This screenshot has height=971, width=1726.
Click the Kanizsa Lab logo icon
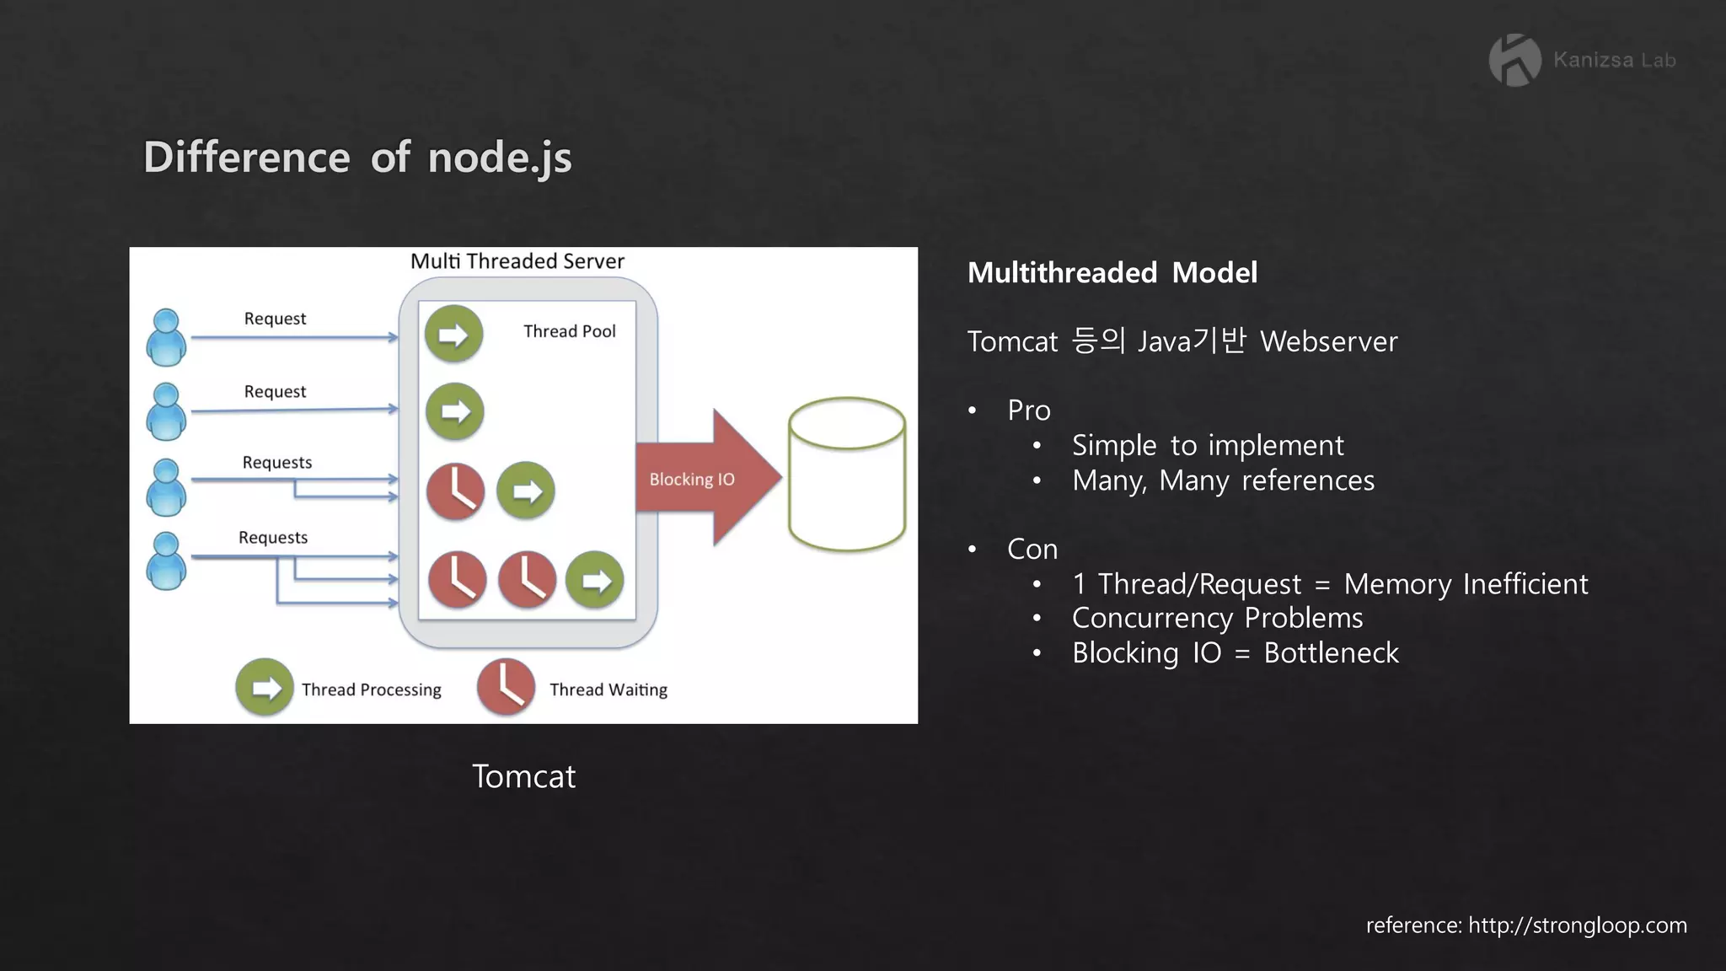pos(1514,60)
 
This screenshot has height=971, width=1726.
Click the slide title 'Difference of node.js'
pos(357,158)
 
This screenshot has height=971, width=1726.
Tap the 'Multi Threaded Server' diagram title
pos(517,261)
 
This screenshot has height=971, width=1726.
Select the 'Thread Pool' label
pos(569,331)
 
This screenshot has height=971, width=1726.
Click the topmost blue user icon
pos(166,337)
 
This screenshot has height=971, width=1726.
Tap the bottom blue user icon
pos(166,561)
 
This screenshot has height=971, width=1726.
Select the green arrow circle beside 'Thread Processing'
pos(265,687)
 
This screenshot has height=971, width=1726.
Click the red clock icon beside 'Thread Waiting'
pos(506,687)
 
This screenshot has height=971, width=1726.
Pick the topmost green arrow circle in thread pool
pos(453,334)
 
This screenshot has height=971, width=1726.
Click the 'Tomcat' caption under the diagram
pos(523,776)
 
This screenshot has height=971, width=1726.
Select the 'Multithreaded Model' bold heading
pos(1112,273)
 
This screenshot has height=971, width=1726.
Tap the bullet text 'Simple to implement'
pos(1207,445)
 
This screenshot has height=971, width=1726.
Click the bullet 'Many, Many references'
pos(1222,480)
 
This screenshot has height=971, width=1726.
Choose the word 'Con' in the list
pos(1032,550)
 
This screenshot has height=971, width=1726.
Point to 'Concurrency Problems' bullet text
pos(1217,619)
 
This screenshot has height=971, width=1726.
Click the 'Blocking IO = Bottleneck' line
pos(1235,653)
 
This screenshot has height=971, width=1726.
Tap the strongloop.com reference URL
pos(1577,925)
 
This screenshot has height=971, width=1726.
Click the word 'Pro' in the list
pos(1028,410)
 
